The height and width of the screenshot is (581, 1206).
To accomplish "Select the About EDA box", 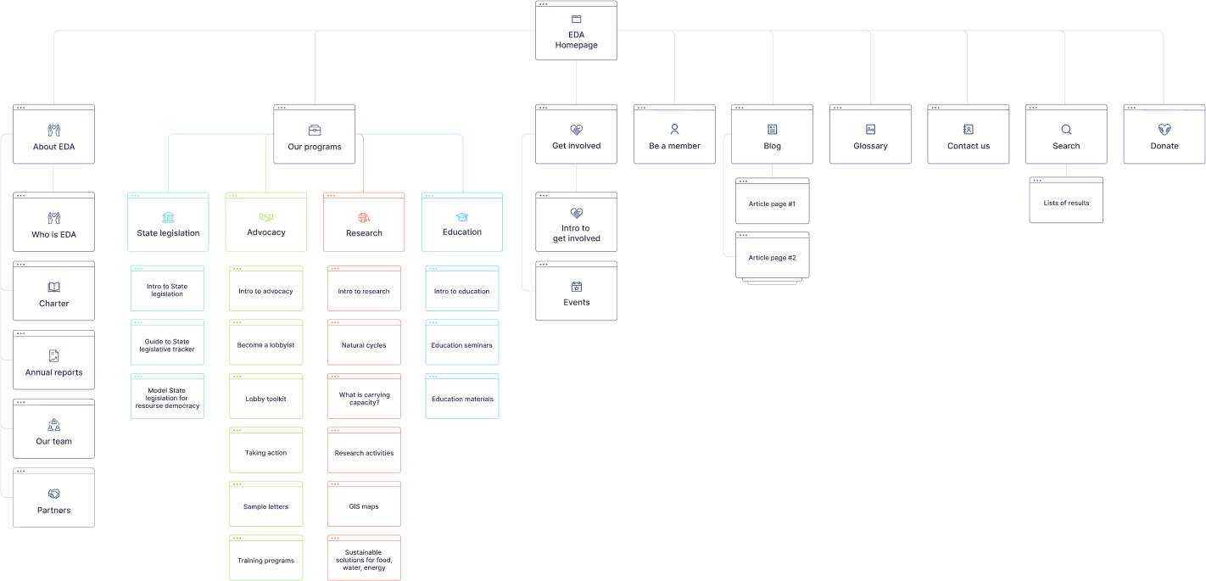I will coord(53,135).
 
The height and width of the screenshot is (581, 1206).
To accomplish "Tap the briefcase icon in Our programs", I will coord(315,130).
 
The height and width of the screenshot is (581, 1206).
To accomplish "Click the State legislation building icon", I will coord(168,217).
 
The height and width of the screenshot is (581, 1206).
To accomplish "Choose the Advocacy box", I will coord(265,223).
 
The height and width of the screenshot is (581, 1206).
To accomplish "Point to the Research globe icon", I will coord(364,217).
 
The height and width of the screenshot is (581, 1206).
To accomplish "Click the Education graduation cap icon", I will coord(462,217).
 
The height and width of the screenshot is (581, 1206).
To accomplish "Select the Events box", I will coord(576,292).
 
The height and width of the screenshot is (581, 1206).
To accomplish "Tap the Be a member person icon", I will coord(674,130).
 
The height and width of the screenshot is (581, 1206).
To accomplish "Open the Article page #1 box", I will coord(772,202).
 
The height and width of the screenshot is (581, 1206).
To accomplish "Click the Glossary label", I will coord(870,146).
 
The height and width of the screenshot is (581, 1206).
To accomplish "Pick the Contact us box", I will coord(968,135).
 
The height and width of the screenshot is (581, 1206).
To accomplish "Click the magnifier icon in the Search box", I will coord(1066,130).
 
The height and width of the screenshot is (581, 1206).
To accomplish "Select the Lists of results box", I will coord(1066,201).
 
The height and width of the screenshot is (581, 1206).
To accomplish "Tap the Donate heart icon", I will coord(1164,130).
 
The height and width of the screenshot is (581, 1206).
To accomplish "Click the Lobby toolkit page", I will coord(265,397).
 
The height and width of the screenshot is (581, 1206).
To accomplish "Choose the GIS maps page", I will coord(364,505).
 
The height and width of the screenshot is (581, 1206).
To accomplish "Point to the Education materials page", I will coord(462,397).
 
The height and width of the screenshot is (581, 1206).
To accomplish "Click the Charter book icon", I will coord(53,287).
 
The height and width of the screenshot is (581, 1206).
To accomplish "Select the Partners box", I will coord(53,498).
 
